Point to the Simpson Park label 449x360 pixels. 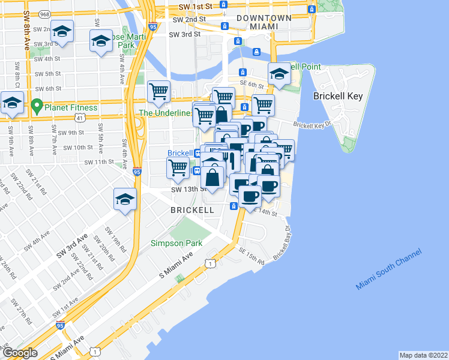coord(176,243)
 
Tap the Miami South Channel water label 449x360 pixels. coord(388,269)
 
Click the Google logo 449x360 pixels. coord(20,353)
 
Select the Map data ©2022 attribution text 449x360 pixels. coord(424,355)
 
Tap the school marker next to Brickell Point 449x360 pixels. coord(279,74)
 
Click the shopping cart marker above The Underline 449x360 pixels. coord(159,92)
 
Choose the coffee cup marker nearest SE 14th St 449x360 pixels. coord(250,196)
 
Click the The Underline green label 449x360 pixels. coord(164,113)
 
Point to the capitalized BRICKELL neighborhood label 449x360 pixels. coord(191,210)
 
